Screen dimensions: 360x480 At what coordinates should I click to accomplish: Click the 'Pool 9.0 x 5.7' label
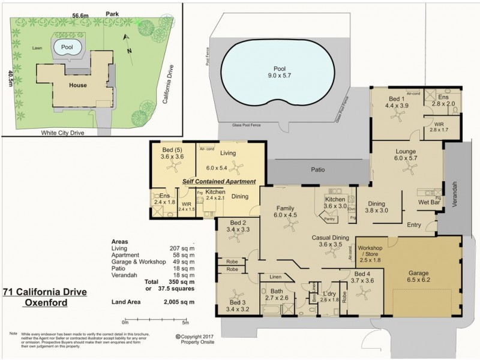[x=278, y=72]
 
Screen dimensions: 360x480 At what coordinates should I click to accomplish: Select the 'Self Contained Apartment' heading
[x=219, y=181]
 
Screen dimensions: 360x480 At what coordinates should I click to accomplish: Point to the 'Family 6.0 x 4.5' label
[x=286, y=212]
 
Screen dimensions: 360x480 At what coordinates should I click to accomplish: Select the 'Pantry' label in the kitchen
[x=329, y=219]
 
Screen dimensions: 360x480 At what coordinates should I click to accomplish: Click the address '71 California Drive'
[x=44, y=292]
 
